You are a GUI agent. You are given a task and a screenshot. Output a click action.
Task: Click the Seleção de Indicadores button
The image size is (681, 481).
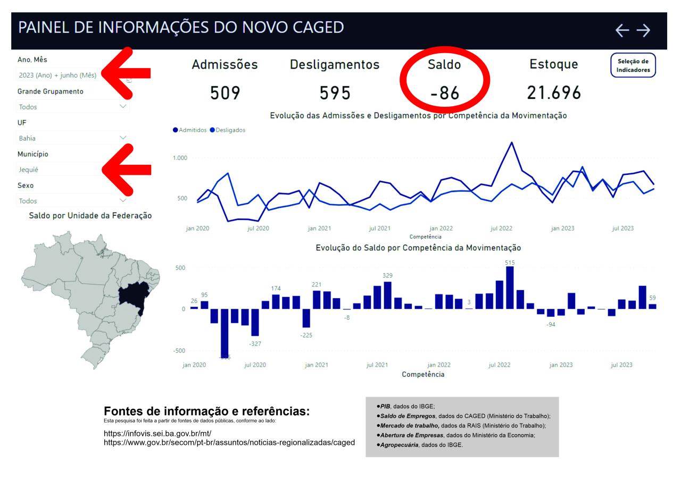click(633, 65)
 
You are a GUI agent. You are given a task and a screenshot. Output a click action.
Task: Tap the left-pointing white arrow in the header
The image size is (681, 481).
click(622, 31)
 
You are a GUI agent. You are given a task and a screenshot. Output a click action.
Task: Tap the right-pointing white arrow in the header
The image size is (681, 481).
click(643, 31)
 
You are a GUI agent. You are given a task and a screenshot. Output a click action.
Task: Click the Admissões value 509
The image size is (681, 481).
click(225, 94)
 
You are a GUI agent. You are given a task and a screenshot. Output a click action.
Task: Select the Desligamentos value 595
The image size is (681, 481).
click(335, 94)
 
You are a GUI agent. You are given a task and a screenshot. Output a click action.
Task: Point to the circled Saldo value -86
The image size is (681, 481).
click(444, 94)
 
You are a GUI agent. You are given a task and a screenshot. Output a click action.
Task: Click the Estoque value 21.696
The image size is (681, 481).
click(554, 94)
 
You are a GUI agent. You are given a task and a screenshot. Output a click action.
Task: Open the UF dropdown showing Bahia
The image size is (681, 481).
click(72, 138)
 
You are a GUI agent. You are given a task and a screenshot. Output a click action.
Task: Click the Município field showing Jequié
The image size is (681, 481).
click(59, 170)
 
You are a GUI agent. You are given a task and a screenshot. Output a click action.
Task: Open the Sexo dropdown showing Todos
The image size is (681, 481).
click(72, 201)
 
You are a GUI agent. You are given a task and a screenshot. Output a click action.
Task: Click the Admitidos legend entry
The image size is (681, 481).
click(190, 130)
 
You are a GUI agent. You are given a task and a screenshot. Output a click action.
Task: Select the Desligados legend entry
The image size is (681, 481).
click(228, 130)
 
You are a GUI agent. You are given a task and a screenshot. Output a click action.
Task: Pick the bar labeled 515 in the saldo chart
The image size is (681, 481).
click(510, 288)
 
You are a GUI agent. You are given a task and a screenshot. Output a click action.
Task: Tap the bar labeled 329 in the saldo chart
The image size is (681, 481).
click(387, 295)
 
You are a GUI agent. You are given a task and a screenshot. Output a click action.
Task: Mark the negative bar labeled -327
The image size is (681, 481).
click(255, 322)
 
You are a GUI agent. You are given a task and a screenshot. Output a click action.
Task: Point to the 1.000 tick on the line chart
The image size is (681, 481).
click(180, 158)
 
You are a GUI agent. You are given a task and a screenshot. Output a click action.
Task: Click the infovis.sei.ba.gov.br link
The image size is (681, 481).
click(157, 434)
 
